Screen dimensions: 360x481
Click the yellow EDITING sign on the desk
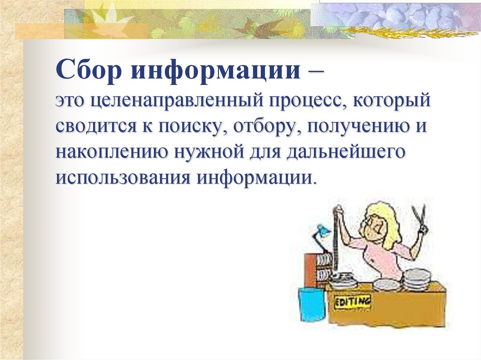pos(352,301)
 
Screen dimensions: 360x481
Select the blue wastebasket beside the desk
pos(311,305)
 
